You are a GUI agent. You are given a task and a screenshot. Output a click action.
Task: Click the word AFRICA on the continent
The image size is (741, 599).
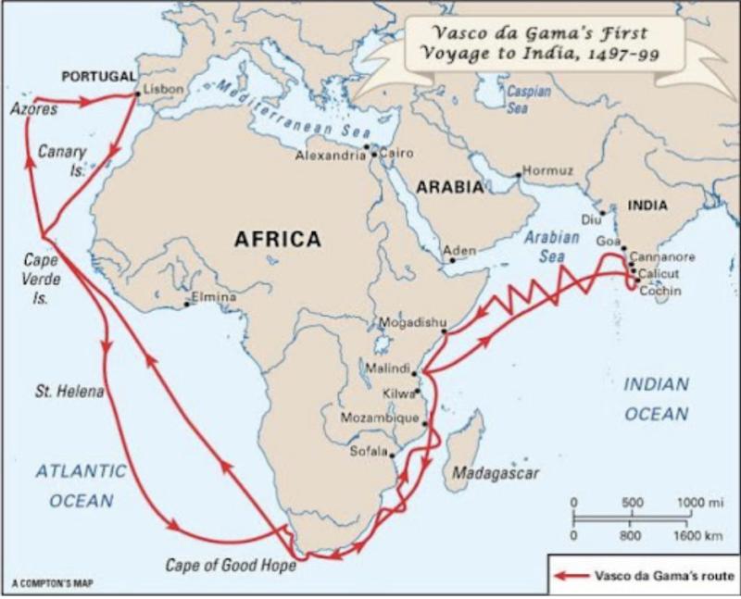pyautogui.click(x=277, y=240)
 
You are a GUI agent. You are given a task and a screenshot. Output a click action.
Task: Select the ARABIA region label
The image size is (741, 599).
pyautogui.click(x=449, y=187)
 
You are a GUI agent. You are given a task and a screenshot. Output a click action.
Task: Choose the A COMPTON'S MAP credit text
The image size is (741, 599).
pyautogui.click(x=53, y=583)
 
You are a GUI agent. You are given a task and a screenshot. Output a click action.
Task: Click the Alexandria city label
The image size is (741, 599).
pyautogui.click(x=331, y=156)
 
